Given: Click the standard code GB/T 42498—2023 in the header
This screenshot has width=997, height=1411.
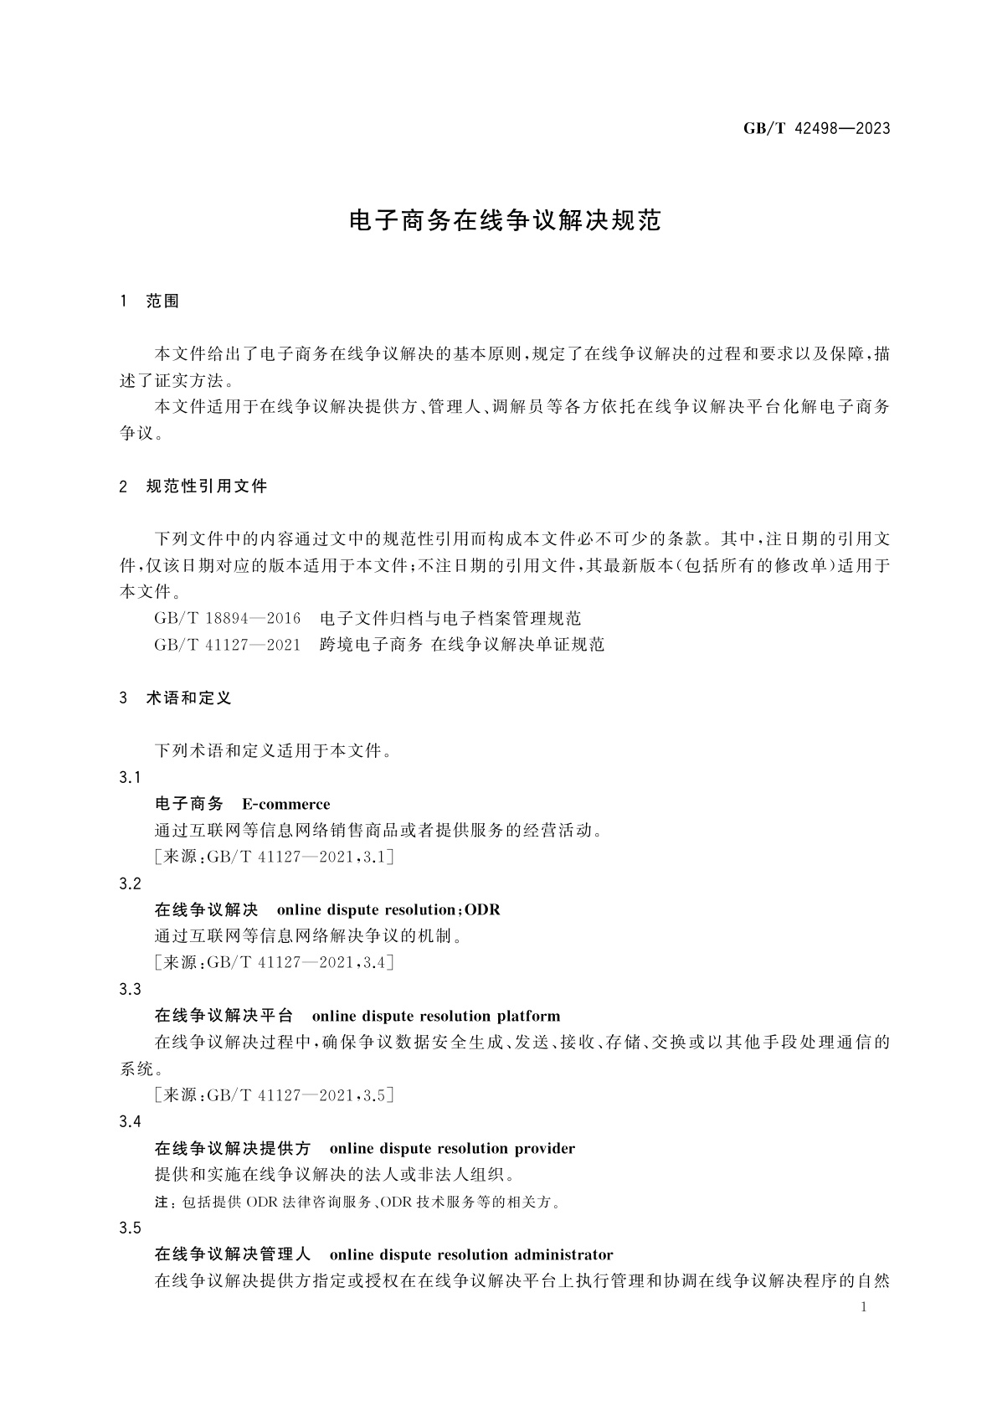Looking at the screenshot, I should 816,129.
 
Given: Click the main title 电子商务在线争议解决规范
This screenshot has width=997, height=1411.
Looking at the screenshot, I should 505,221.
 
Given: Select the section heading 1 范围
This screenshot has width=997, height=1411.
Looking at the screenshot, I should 151,301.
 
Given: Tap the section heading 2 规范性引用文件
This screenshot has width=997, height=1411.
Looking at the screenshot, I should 194,487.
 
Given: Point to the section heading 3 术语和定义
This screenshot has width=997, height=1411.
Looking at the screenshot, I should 176,698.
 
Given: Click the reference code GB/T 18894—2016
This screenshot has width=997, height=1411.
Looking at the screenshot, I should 228,619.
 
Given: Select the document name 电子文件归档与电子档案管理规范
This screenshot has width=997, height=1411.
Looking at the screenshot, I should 450,619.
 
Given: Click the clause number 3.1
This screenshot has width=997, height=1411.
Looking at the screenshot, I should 130,778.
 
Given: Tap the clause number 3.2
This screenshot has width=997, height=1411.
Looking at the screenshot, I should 130,883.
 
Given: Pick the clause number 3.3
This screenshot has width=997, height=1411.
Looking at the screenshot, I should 130,990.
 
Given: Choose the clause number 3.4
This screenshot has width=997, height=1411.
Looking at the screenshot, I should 130,1122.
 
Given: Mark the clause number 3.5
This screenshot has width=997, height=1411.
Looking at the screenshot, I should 130,1228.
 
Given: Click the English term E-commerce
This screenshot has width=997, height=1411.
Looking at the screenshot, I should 286,805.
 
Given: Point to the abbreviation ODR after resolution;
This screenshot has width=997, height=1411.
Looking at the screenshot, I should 482,910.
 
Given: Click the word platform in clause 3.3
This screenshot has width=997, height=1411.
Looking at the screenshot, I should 528,1017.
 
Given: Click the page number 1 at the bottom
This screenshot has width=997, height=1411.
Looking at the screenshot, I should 863,1307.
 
